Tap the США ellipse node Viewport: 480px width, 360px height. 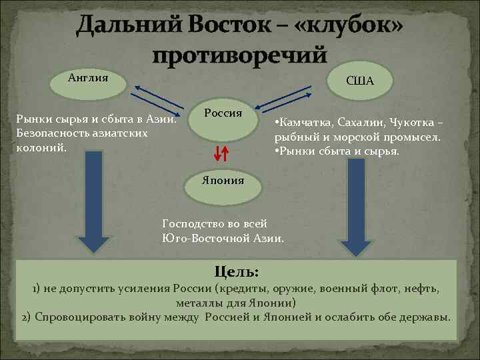click(360, 81)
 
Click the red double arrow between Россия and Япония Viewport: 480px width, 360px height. click(222, 153)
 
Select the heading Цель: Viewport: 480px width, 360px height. click(237, 271)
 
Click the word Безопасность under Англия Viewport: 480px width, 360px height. click(52, 133)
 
